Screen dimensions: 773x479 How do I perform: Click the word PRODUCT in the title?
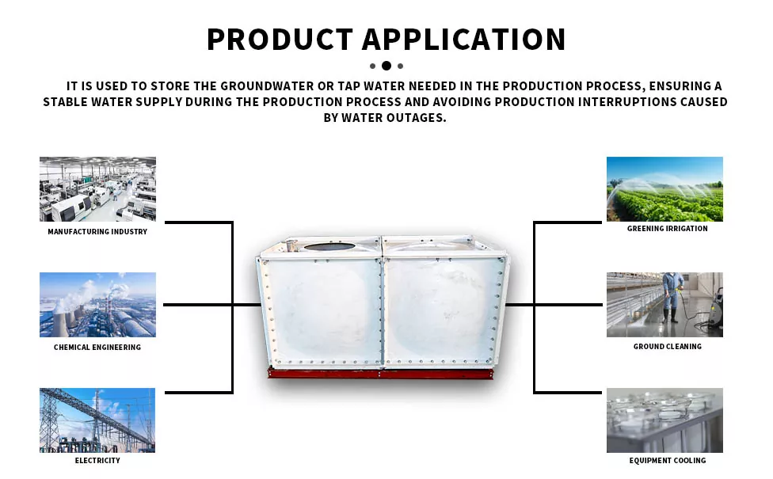pos(280,40)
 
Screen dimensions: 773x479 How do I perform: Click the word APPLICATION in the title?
pos(464,40)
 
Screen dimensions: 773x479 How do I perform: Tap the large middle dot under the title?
pos(386,66)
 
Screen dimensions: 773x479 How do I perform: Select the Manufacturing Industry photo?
pos(97,189)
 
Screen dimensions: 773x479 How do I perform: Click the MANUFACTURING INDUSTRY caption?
pos(97,232)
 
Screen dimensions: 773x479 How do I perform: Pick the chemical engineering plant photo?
pos(97,305)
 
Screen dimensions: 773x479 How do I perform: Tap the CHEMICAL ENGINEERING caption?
pos(97,348)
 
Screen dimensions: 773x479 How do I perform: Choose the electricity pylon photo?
pos(97,420)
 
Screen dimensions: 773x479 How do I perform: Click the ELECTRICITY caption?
pos(97,460)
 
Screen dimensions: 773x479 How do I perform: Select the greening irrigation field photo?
pos(664,189)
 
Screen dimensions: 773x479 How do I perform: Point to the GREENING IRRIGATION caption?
pos(668,229)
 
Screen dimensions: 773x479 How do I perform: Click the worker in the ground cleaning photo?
pos(672,298)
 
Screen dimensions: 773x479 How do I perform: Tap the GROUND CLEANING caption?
pos(668,347)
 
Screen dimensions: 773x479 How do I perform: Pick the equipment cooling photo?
pos(664,420)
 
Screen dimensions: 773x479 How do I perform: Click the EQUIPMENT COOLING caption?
pos(668,460)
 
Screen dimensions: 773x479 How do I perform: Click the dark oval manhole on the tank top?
pos(329,246)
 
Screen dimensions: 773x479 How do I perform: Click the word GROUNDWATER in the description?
pos(267,86)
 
